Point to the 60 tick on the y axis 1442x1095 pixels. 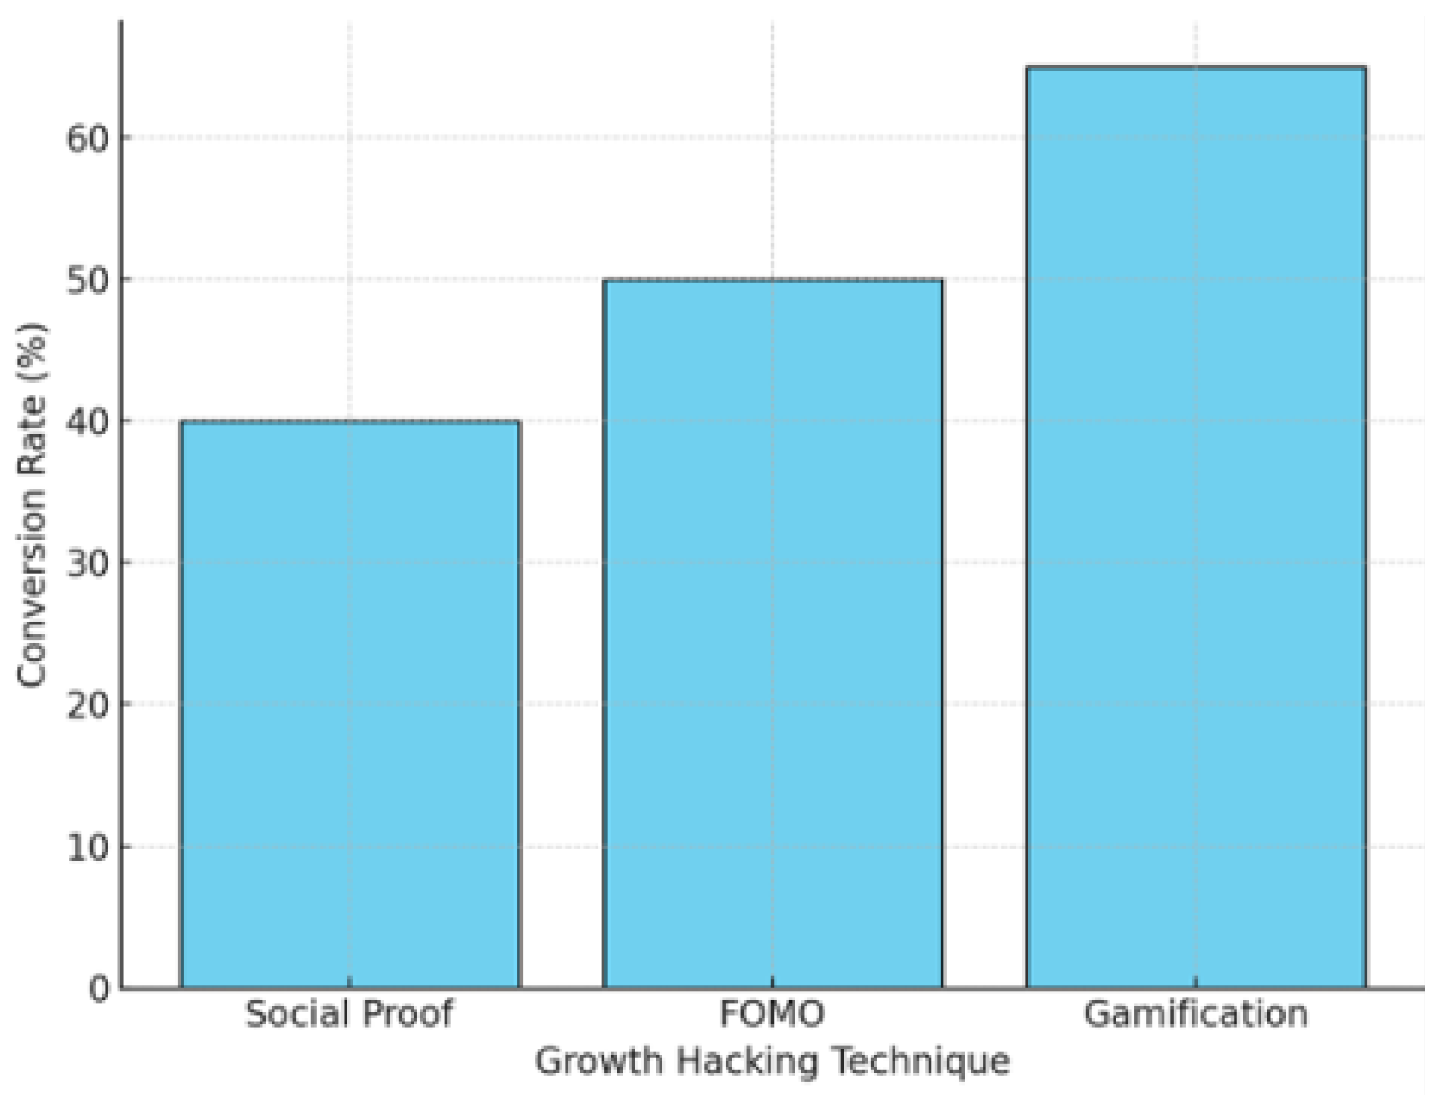pos(89,138)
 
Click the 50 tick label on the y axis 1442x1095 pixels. pos(89,280)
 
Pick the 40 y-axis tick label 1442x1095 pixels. pos(89,421)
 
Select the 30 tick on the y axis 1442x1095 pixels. pos(89,563)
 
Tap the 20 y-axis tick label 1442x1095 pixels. pos(89,704)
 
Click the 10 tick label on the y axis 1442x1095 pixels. pos(89,847)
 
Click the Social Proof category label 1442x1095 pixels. pos(349,1014)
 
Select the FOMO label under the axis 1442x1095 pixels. pos(772,1014)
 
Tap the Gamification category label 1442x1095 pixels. pos(1195,1014)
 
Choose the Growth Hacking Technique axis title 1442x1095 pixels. pos(772,1061)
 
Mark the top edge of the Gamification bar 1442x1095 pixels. pos(1196,67)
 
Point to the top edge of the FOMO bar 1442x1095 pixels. pos(773,280)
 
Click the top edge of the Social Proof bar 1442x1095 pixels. pos(350,421)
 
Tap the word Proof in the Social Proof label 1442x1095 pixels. pos(407,1014)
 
